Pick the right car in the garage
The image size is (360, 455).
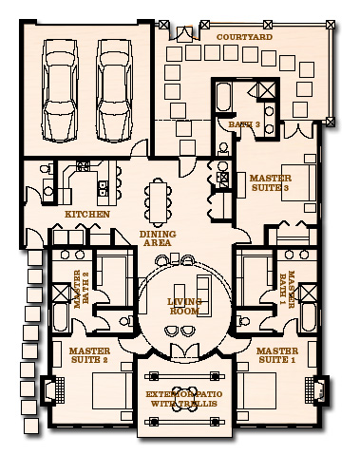click(116, 85)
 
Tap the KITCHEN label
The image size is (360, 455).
click(86, 215)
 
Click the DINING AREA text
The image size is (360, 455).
click(156, 237)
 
